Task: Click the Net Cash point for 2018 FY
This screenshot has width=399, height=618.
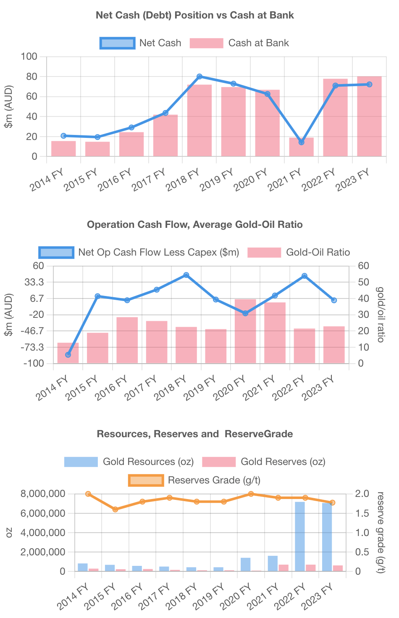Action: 199,77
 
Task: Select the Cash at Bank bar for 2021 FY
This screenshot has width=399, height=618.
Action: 301,147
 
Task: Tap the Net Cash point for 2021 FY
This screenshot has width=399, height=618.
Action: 301,142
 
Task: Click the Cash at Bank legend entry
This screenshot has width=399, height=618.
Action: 239,43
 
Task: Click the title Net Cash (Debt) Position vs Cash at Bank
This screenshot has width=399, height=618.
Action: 195,15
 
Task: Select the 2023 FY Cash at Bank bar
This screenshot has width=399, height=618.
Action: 369,116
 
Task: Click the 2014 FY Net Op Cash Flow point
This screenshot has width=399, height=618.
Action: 68,355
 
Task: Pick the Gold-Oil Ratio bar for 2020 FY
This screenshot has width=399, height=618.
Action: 245,331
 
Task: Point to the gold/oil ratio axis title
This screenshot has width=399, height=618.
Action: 381,314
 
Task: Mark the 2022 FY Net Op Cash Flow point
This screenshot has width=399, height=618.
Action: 304,276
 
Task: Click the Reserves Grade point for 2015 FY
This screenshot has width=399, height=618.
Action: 115,509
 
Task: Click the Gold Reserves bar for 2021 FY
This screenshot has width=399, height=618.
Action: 283,568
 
